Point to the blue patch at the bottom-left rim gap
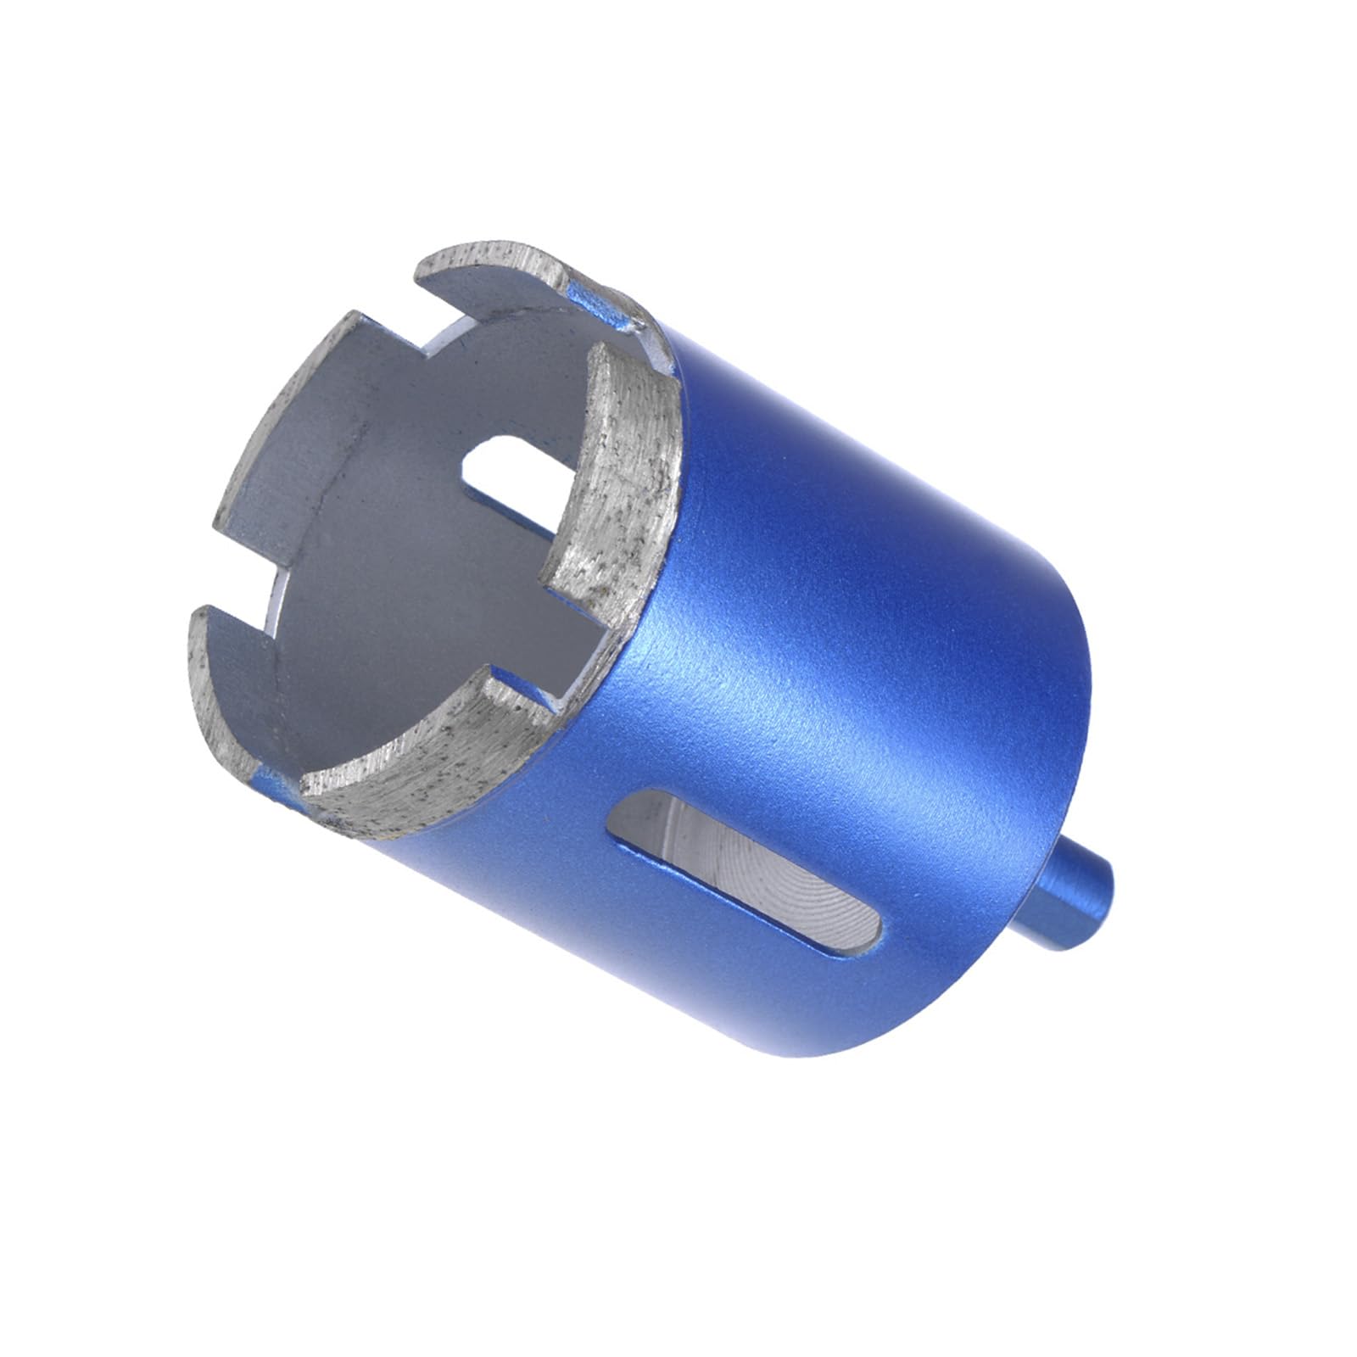(276, 780)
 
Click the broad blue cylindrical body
(848, 636)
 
